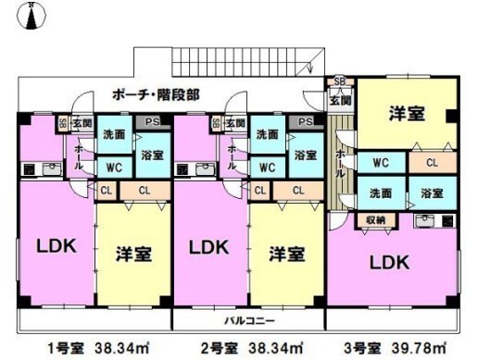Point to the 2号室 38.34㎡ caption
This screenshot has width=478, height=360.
[247, 348]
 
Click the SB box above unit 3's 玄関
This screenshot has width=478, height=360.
[339, 81]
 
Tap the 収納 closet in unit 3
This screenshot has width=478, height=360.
[374, 219]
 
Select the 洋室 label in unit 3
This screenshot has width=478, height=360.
[406, 114]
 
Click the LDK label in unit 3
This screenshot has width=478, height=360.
[389, 263]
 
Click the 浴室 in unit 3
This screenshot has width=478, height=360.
[431, 193]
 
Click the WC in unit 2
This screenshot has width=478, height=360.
[266, 168]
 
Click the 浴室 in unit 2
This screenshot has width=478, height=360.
[304, 155]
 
